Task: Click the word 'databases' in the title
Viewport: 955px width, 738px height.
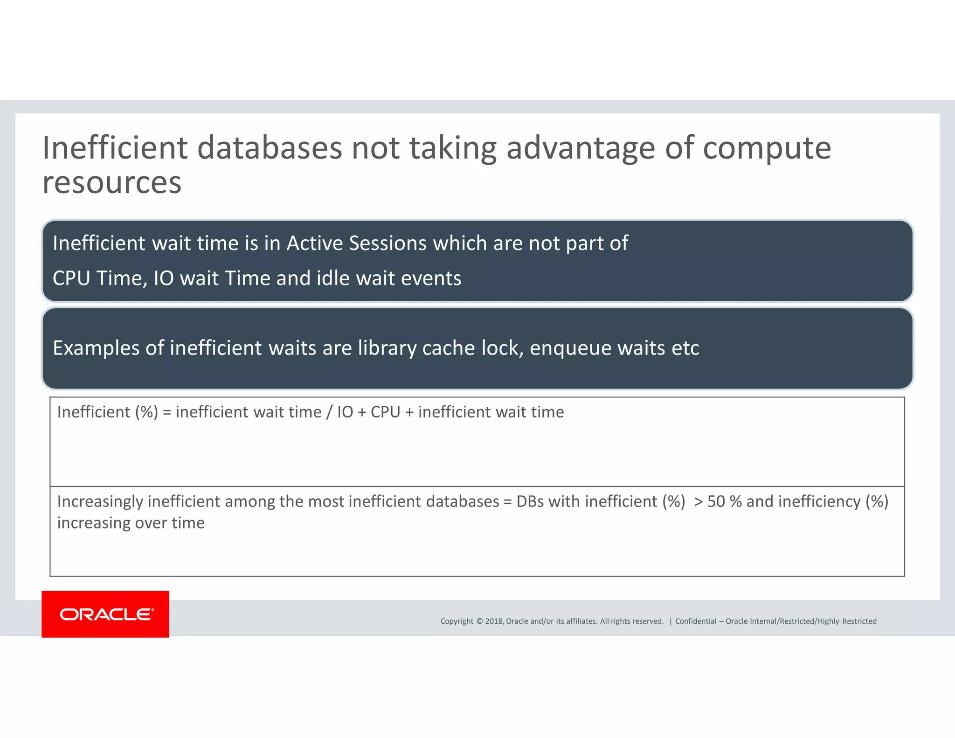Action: tap(270, 148)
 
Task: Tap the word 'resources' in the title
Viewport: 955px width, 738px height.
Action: tap(112, 182)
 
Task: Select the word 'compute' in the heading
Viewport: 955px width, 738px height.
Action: tap(766, 148)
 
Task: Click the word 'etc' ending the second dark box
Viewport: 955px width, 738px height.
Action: tap(685, 348)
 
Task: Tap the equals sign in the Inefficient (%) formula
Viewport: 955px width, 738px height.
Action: tap(167, 412)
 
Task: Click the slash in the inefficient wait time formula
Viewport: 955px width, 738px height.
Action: tap(329, 412)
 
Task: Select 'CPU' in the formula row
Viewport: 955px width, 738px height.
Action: tap(385, 412)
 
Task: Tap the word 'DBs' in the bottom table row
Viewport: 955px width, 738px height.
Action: tap(530, 501)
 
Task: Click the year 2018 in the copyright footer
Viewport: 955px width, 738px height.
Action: tap(494, 621)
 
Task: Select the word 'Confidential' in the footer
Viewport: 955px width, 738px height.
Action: tap(695, 621)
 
